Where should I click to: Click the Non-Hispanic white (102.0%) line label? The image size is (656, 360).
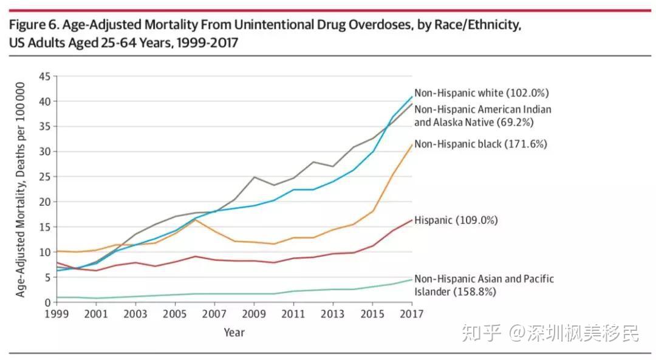coord(482,93)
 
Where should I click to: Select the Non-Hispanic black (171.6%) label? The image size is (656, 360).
coord(480,144)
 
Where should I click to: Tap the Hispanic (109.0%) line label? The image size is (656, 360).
coord(456,220)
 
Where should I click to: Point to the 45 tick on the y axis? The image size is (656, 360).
coord(45,76)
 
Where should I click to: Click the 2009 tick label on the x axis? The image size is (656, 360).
coord(253,314)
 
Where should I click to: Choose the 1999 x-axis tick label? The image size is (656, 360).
coord(56,314)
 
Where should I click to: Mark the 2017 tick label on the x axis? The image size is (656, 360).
coord(412,314)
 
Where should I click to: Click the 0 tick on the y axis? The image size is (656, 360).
coord(48,302)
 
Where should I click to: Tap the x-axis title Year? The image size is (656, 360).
coord(234,333)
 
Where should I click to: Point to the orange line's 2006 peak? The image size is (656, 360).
coord(195,220)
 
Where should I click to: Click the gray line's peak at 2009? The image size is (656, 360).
coord(254,177)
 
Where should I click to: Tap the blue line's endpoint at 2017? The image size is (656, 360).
coord(412,97)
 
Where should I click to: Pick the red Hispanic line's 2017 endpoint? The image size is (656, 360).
coord(412,220)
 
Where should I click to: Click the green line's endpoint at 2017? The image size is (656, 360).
coord(412,280)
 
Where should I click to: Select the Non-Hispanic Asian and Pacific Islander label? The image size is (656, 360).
coord(484,285)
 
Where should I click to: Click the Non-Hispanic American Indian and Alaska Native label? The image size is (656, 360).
coord(483,116)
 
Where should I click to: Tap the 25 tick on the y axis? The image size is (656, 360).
coord(45,177)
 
